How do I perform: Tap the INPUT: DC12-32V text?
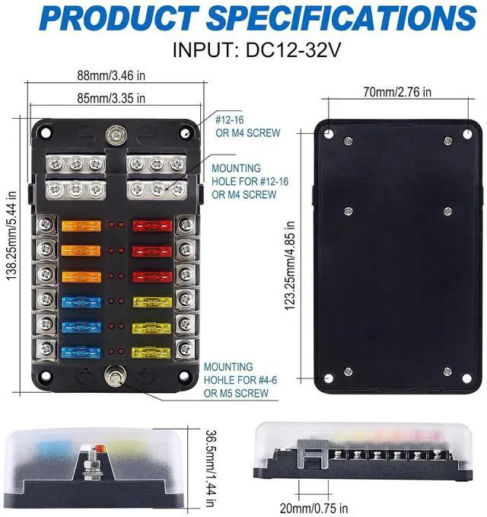tap(243, 52)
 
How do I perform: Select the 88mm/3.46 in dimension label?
tap(111, 76)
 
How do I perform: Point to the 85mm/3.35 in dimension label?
tap(111, 98)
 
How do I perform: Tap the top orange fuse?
tap(76, 226)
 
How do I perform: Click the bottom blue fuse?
tap(76, 353)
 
